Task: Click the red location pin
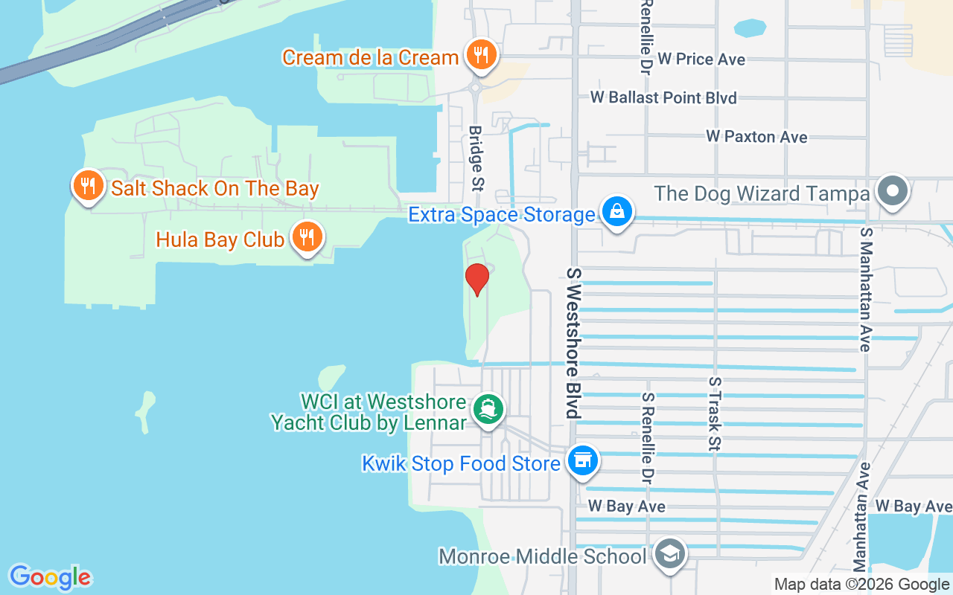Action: point(476,280)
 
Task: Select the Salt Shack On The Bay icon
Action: point(89,186)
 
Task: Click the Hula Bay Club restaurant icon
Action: point(305,237)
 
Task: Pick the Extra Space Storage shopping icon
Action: point(617,213)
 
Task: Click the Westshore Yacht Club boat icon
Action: point(489,410)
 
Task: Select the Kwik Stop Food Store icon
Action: point(582,461)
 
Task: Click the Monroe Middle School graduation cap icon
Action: point(669,555)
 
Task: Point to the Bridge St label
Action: point(475,157)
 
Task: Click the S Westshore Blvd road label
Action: point(573,343)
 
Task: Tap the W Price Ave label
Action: point(701,59)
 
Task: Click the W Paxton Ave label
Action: point(756,137)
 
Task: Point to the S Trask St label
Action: point(715,414)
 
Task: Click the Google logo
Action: point(50,577)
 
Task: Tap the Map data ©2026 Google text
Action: point(861,585)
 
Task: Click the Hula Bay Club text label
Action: point(220,239)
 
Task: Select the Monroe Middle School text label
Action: point(543,556)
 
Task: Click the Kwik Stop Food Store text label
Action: point(460,463)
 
